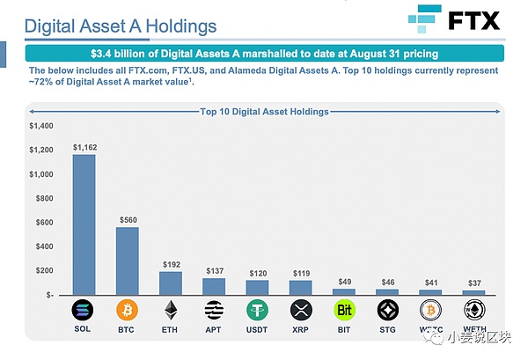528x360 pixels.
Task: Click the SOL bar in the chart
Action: [x=84, y=224]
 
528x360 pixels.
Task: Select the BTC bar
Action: [x=128, y=261]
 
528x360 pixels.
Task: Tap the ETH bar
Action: [x=171, y=283]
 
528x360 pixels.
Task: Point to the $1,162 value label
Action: [x=84, y=147]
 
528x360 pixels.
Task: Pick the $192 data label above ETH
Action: [x=171, y=264]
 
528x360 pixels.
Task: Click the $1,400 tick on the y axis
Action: [x=40, y=127]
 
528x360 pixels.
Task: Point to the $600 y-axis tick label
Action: [x=42, y=223]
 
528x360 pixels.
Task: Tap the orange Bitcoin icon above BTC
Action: [x=128, y=311]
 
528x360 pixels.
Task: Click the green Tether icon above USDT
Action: [x=257, y=311]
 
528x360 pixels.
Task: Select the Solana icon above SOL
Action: [x=84, y=311]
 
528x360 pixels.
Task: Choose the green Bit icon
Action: [x=344, y=311]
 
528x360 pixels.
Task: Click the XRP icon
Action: [x=301, y=311]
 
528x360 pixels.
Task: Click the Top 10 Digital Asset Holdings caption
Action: [x=264, y=112]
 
